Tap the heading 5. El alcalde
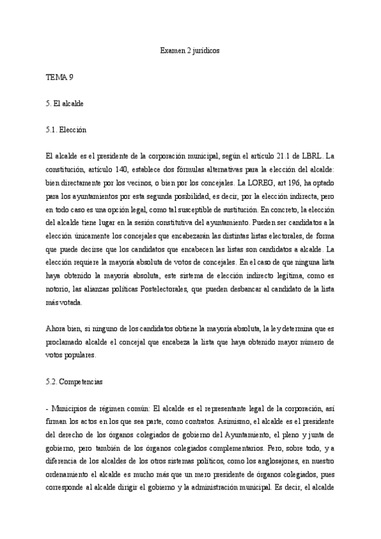[x=66, y=103]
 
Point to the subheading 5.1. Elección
[x=67, y=130]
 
